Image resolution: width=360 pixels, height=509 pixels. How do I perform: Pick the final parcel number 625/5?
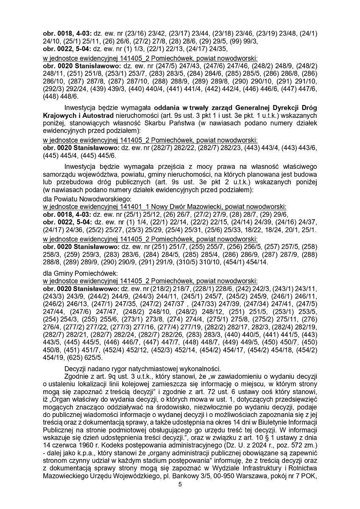[x=98, y=357]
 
